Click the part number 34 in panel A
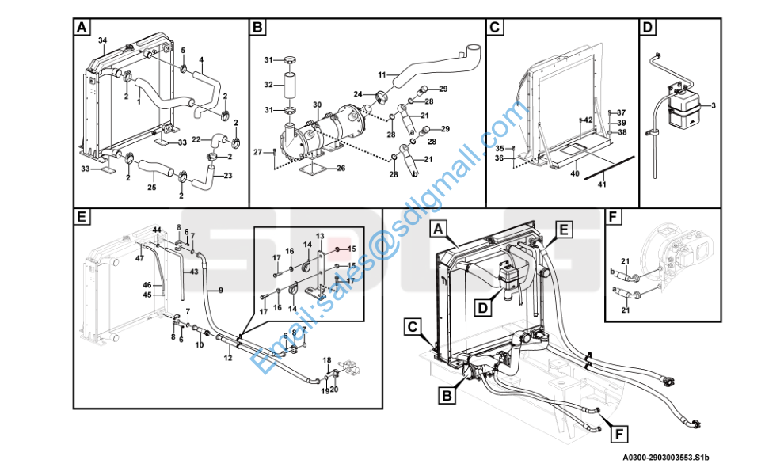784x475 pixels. tap(102, 40)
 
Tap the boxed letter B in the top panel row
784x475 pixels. tap(257, 27)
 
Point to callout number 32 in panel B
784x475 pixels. tap(268, 85)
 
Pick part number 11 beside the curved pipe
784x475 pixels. tap(382, 75)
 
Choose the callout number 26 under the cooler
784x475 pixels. tap(341, 169)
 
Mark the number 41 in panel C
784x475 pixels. tap(602, 184)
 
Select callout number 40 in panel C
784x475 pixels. tap(575, 173)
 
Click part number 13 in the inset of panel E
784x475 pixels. tap(320, 236)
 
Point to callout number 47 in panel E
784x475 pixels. tap(139, 258)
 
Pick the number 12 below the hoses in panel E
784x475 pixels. tap(228, 358)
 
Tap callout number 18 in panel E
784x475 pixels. tap(326, 360)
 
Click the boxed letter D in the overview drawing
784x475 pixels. tap(482, 307)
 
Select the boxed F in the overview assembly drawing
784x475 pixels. tap(619, 435)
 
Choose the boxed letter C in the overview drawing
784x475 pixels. tap(412, 327)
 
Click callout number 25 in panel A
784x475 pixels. tap(151, 188)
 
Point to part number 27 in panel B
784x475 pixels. tap(257, 152)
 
